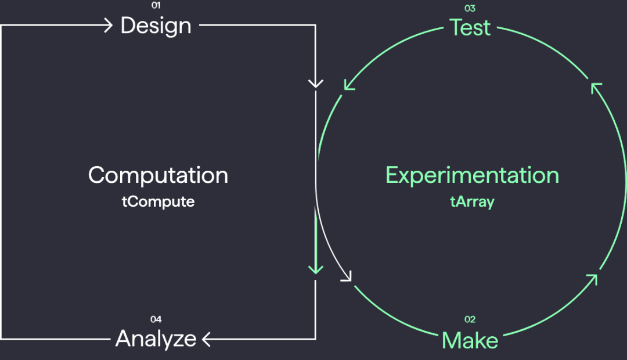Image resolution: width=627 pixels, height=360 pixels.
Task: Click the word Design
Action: [156, 26]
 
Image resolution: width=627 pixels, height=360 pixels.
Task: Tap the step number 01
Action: [156, 5]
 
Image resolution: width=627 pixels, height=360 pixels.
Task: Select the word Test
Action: [470, 28]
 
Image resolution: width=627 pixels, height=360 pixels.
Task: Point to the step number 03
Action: [470, 8]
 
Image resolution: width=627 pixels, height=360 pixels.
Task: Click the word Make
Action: [470, 340]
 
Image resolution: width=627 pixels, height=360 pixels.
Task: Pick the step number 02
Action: [470, 319]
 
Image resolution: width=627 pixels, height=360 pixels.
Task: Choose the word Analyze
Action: [156, 339]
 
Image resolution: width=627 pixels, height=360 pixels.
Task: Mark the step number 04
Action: [156, 319]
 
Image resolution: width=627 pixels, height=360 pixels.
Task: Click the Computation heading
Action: [158, 175]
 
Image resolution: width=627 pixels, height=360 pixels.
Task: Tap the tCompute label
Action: [158, 201]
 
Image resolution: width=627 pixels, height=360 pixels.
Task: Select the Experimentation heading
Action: [472, 175]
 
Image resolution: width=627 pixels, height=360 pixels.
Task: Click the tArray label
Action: [472, 201]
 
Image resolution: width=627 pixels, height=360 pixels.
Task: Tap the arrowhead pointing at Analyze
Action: [206, 339]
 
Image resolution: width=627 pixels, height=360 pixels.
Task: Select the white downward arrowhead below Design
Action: [315, 84]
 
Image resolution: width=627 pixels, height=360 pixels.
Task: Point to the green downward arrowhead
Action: [315, 269]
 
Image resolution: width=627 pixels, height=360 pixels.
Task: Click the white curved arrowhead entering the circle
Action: [347, 276]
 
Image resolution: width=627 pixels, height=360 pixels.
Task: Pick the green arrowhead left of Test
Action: [349, 85]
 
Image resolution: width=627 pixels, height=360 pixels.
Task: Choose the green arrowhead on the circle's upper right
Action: [596, 88]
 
